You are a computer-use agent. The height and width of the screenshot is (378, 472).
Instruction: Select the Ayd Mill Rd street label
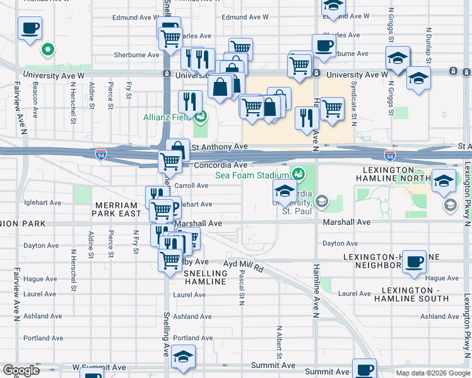point(244,265)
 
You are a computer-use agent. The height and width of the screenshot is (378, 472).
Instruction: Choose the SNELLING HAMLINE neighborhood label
point(205,277)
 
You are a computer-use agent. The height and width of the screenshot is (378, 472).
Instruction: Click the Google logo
point(21,370)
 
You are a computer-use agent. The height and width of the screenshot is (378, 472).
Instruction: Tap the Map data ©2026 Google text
point(432,373)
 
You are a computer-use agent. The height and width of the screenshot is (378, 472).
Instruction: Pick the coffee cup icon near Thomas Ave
point(30,28)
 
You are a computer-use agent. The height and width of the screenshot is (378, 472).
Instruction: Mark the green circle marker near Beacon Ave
point(47,49)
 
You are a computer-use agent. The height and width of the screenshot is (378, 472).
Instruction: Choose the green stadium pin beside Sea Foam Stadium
point(297,172)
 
